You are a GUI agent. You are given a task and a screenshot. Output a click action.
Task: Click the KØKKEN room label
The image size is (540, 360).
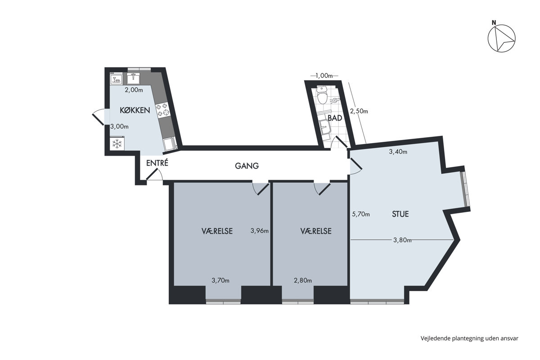click(x=135, y=110)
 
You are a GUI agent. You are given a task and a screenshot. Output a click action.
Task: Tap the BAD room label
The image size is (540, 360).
click(x=335, y=118)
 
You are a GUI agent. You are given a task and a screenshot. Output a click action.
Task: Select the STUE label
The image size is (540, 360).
click(x=400, y=214)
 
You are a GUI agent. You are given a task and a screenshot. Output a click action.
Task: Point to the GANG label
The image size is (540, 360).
click(x=247, y=166)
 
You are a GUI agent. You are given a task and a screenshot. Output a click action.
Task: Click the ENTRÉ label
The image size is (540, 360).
click(x=157, y=163)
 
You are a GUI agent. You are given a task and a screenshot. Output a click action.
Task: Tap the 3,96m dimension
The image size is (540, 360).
click(x=260, y=231)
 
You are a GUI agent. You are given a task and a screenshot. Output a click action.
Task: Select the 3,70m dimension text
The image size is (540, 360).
click(x=220, y=280)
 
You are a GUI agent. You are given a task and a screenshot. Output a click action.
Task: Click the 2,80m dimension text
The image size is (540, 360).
click(x=303, y=280)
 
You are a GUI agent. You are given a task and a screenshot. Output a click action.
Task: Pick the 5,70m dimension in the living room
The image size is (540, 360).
click(x=361, y=214)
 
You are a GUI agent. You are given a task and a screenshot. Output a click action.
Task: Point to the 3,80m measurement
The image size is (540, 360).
click(x=402, y=240)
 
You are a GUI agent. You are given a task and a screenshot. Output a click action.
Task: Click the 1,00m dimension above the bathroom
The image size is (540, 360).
click(x=324, y=76)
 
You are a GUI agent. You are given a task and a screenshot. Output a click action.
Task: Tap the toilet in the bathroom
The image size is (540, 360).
click(x=322, y=96)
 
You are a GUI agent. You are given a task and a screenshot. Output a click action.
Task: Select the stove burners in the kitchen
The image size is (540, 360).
click(x=162, y=110)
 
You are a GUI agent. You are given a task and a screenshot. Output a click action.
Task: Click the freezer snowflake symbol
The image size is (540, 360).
click(x=117, y=144)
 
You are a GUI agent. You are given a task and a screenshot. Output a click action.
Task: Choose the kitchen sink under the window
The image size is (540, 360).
click(x=133, y=78)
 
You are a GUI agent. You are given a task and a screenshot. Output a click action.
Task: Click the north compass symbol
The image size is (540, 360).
click(x=502, y=38)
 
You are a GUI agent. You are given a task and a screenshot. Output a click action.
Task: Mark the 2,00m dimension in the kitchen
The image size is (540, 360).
click(x=134, y=90)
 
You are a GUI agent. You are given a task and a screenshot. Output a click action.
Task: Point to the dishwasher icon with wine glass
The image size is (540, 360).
click(x=116, y=78)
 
